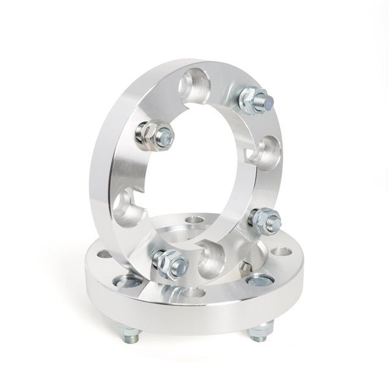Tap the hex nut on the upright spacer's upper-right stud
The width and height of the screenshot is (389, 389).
click(x=249, y=99)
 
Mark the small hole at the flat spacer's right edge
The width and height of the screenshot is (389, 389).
click(x=279, y=252)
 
